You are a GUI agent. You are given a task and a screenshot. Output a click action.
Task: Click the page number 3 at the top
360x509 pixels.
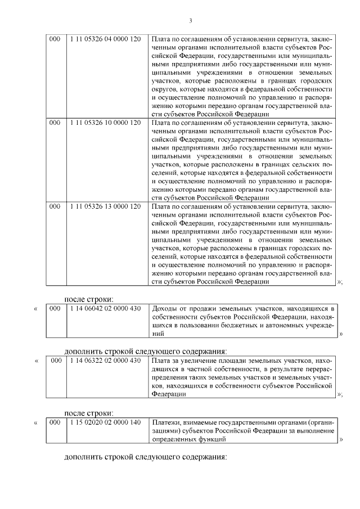pos(190,21)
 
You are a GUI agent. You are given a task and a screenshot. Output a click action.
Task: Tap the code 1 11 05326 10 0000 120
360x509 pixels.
pos(105,122)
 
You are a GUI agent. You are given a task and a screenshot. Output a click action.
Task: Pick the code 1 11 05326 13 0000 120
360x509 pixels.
pos(105,206)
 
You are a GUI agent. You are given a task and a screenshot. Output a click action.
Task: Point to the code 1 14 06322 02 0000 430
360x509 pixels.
pos(105,360)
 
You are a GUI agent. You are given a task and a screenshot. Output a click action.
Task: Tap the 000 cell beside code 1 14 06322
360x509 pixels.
pos(55,360)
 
